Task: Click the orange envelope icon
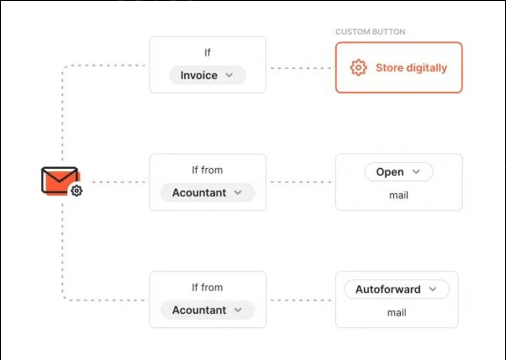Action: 60,181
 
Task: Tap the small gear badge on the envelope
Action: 76,191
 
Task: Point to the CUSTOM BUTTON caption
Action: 370,32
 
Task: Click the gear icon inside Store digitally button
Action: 358,68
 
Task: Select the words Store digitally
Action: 411,68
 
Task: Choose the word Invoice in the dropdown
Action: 199,75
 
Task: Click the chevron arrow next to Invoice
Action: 229,75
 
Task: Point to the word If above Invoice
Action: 207,53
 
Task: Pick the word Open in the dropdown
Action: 390,172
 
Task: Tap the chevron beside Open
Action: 416,171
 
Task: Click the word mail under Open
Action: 399,196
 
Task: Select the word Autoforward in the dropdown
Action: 388,289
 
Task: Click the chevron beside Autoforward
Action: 433,289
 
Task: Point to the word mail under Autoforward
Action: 396,313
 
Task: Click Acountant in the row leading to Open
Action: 199,193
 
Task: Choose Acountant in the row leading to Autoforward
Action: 199,310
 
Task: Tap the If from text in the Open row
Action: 207,170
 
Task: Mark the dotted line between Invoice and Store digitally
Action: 301,68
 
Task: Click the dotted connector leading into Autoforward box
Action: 301,300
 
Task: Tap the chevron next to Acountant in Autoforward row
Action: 238,310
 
